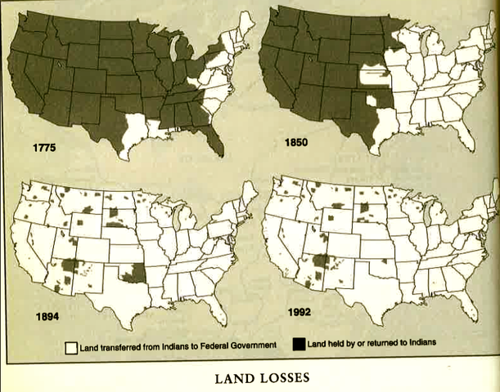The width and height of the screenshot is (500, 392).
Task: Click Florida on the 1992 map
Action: tap(468, 306)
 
